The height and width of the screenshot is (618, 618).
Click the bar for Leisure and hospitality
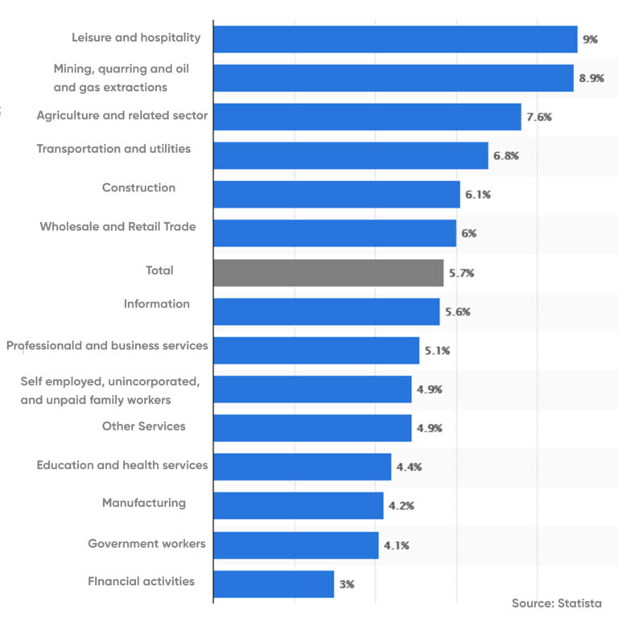[395, 39]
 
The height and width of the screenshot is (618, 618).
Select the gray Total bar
[328, 273]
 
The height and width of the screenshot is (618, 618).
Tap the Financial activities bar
[274, 584]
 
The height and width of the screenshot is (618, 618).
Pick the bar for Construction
[336, 195]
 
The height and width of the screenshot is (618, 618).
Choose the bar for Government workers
[296, 545]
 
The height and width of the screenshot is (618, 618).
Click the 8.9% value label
[594, 78]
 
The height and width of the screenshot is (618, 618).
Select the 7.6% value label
[539, 117]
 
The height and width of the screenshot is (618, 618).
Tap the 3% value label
[347, 584]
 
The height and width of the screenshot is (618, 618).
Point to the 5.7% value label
[461, 273]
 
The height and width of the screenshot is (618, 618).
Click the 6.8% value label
[506, 155]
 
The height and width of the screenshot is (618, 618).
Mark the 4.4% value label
[409, 467]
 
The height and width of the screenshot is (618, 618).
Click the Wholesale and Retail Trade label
[117, 226]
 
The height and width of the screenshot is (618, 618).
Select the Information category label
[157, 303]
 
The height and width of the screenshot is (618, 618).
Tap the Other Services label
[143, 426]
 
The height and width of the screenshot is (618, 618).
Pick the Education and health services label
[122, 465]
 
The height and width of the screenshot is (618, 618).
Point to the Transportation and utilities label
[113, 149]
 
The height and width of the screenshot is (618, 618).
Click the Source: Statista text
[556, 603]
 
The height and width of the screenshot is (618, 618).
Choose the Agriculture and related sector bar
[367, 117]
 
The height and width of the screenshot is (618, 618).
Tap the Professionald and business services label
[107, 345]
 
